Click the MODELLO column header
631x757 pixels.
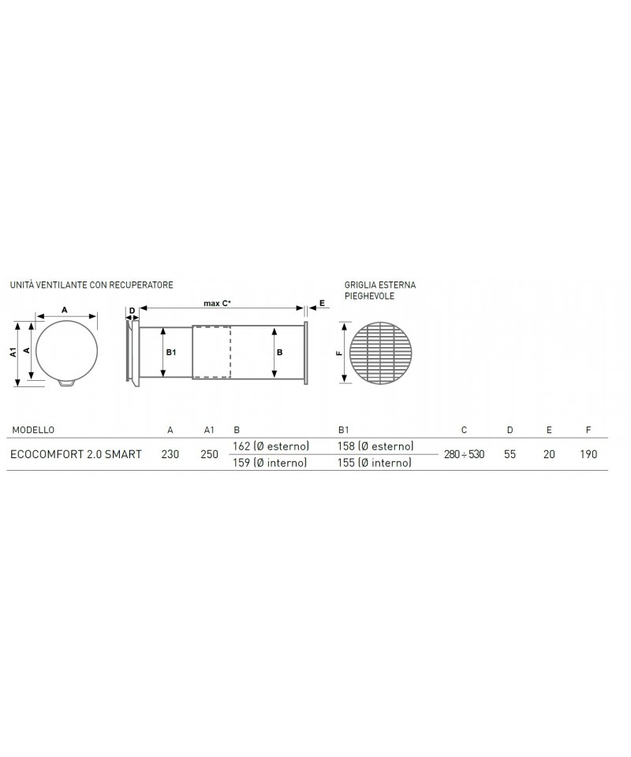pyautogui.click(x=33, y=430)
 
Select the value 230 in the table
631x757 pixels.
pyautogui.click(x=170, y=454)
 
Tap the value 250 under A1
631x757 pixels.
pyautogui.click(x=210, y=454)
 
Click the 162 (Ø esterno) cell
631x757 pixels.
pyautogui.click(x=271, y=446)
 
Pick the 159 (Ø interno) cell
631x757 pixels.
pyautogui.click(x=270, y=463)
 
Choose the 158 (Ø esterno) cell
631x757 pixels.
pyautogui.click(x=375, y=446)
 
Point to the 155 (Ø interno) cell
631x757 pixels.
pyautogui.click(x=375, y=463)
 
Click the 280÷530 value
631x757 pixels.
pyautogui.click(x=464, y=454)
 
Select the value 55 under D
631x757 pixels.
pyautogui.click(x=510, y=454)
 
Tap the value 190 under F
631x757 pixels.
pyautogui.click(x=588, y=454)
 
